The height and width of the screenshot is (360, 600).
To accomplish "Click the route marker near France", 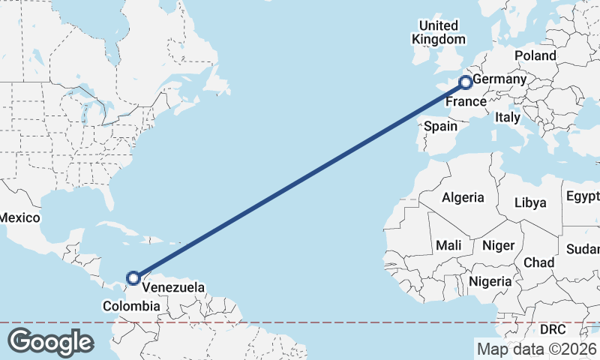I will pyautogui.click(x=466, y=82).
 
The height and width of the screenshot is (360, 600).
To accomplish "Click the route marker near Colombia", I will pyautogui.click(x=133, y=278).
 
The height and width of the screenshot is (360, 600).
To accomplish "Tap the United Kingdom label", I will pyautogui.click(x=439, y=32).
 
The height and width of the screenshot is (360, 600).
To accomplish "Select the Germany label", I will pyautogui.click(x=500, y=79).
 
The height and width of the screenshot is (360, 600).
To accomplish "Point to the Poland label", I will pyautogui.click(x=535, y=55).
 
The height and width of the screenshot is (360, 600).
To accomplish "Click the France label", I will pyautogui.click(x=466, y=101).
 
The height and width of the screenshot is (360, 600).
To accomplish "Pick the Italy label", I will pyautogui.click(x=508, y=118).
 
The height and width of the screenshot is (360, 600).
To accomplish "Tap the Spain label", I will pyautogui.click(x=440, y=126).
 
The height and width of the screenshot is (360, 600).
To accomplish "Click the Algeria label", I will pyautogui.click(x=463, y=198).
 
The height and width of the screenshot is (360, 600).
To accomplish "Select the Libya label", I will pyautogui.click(x=530, y=202).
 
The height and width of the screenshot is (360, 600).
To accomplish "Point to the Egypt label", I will pyautogui.click(x=583, y=197).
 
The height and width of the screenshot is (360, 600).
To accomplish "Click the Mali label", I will pyautogui.click(x=448, y=245).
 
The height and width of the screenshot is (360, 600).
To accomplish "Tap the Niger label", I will pyautogui.click(x=498, y=245).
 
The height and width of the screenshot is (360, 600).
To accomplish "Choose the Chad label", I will pyautogui.click(x=539, y=262).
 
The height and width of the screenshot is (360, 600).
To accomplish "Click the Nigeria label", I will pyautogui.click(x=490, y=281).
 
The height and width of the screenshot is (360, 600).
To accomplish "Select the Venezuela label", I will pyautogui.click(x=173, y=287).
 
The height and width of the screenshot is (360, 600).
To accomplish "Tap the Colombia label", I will pyautogui.click(x=131, y=306).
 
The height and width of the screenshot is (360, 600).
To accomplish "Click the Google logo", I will pyautogui.click(x=50, y=341).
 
